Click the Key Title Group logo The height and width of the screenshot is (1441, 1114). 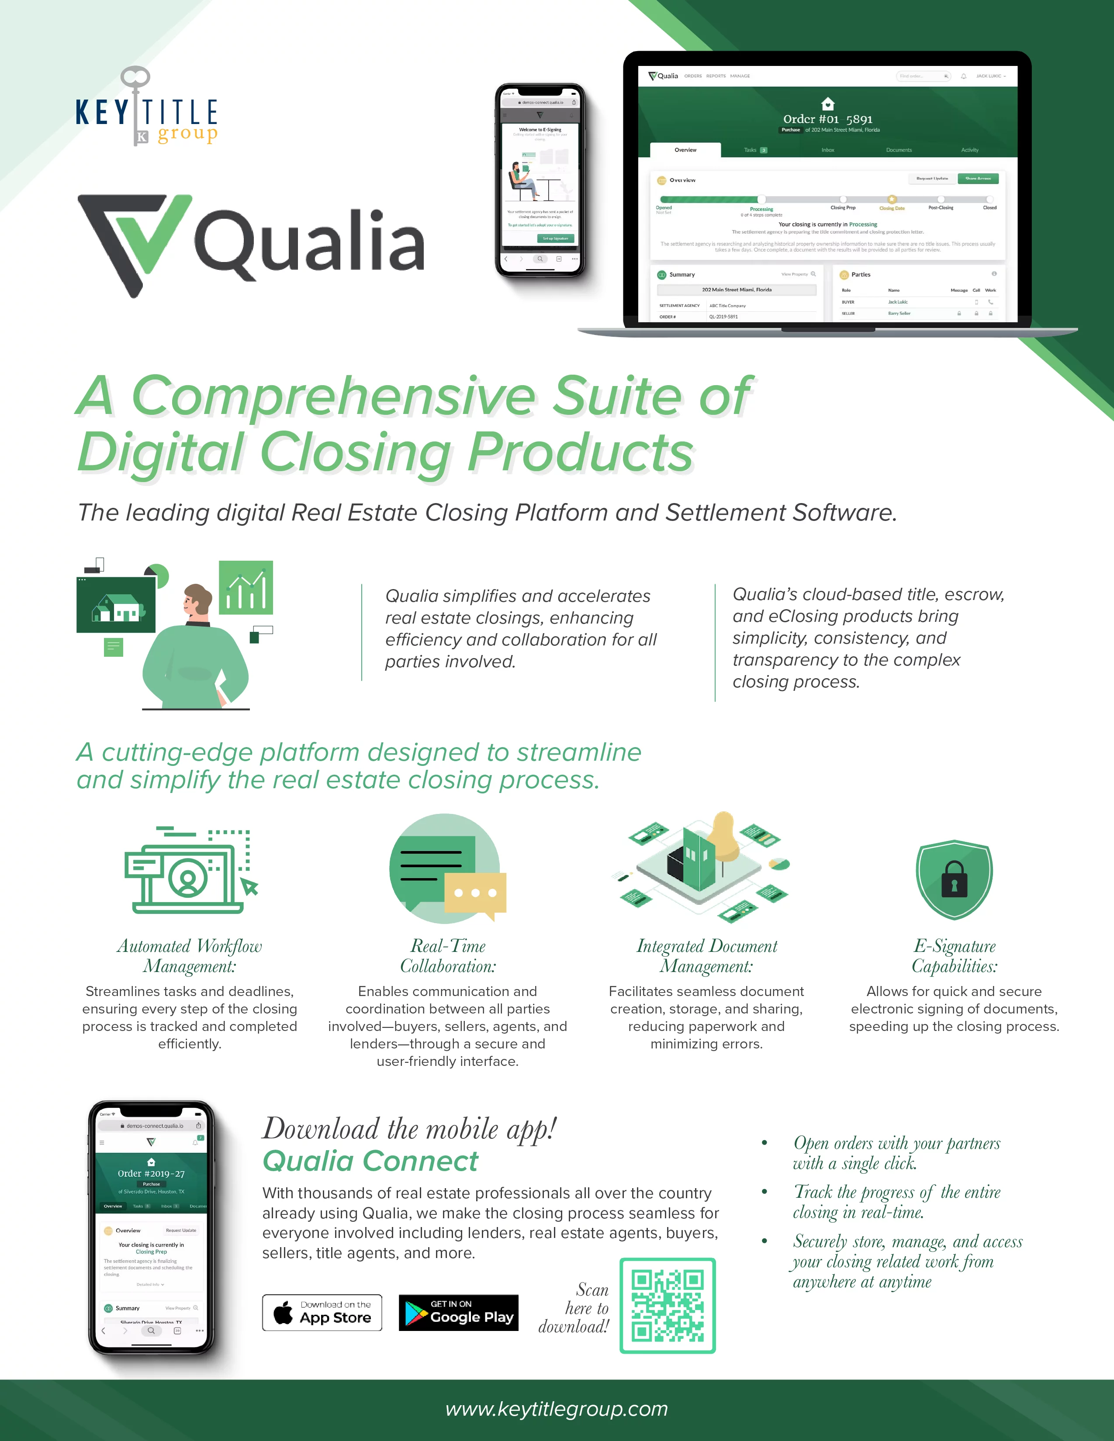146,109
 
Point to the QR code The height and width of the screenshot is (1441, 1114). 667,1306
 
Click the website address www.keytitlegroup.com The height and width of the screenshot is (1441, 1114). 556,1409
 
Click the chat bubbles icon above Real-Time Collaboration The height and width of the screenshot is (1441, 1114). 447,868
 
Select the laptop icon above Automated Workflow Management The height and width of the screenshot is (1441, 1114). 189,871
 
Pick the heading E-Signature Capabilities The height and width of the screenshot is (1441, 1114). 954,955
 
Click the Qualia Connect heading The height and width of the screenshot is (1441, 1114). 370,1161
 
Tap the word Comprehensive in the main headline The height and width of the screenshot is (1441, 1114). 334,396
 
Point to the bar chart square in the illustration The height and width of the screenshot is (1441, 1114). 246,587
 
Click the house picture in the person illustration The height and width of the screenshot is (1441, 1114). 116,604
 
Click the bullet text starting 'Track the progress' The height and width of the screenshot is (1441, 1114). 896,1202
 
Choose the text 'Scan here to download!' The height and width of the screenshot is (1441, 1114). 574,1308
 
